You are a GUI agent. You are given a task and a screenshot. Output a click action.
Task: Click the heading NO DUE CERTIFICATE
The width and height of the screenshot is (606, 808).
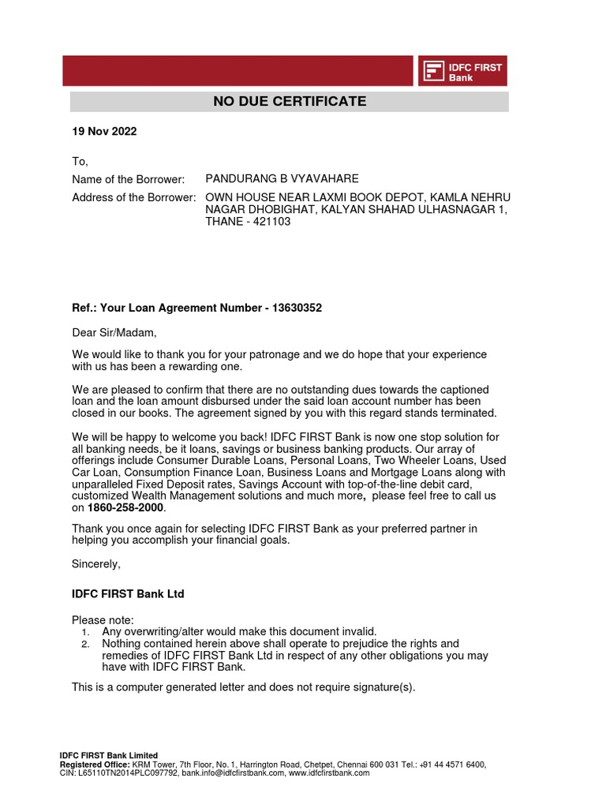[x=290, y=101]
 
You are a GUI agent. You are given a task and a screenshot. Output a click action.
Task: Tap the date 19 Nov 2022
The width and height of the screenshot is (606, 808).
[x=104, y=132]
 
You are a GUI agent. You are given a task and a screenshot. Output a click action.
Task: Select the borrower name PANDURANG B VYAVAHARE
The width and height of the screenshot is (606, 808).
[x=282, y=179]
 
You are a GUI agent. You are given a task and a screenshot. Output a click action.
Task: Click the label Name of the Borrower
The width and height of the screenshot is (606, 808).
[x=128, y=179]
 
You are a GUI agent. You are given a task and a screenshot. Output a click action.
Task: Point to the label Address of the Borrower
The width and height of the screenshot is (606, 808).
[x=133, y=197]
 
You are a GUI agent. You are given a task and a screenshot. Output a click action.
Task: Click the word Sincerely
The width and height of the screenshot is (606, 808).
[x=96, y=564]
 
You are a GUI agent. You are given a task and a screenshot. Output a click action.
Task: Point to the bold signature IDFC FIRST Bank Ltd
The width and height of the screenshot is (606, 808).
[x=128, y=593]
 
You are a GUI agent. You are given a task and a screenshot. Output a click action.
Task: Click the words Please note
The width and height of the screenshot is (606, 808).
[x=103, y=619]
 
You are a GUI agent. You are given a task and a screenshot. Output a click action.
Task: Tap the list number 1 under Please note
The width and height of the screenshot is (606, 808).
[x=85, y=632]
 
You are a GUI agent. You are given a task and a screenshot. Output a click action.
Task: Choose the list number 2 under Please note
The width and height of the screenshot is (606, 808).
[x=85, y=645]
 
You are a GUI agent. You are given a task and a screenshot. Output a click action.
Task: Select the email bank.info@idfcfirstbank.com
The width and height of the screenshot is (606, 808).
[x=233, y=773]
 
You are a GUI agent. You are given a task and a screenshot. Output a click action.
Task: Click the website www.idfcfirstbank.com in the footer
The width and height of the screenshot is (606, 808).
[x=329, y=773]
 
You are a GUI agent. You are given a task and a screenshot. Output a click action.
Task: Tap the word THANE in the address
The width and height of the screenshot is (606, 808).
[x=223, y=222]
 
